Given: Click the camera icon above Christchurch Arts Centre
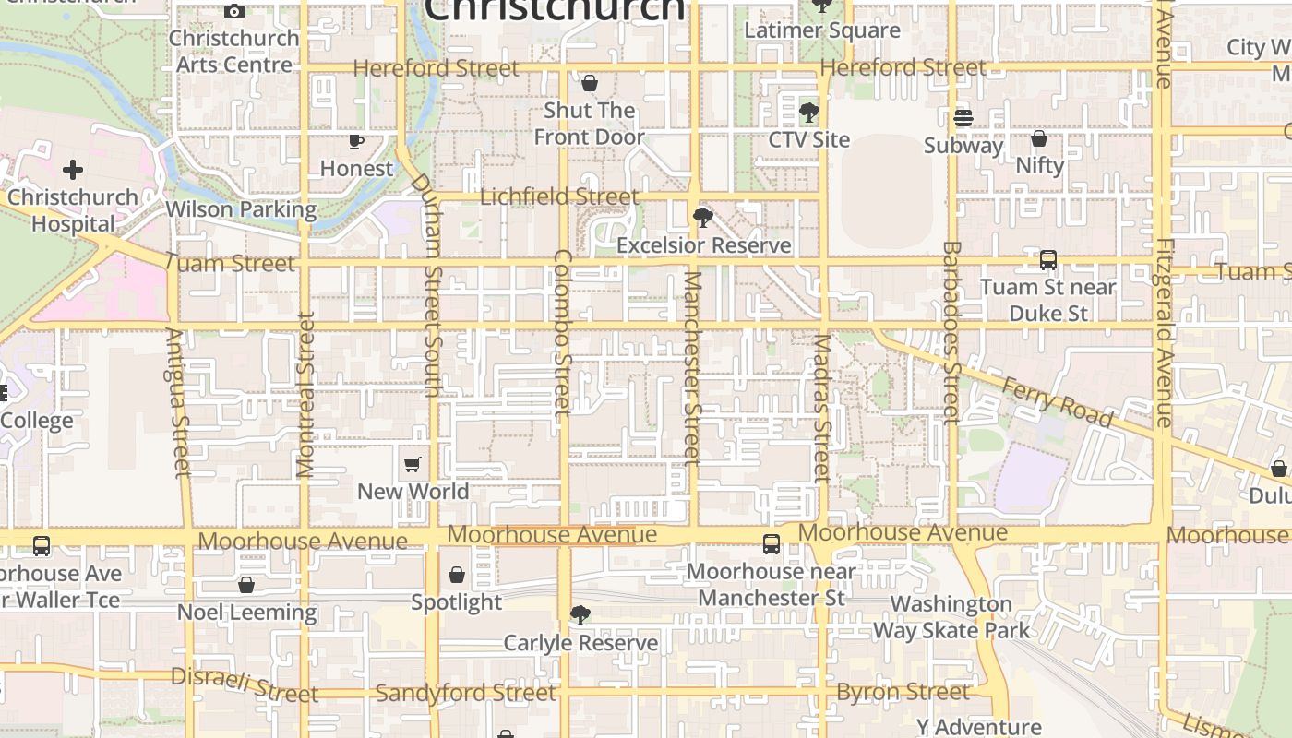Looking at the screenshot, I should tap(234, 12).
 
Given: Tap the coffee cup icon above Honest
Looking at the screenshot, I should tap(356, 141).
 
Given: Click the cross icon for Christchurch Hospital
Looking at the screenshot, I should tap(73, 170).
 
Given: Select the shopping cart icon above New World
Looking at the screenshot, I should tap(413, 464).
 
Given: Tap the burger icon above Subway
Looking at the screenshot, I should tap(963, 118).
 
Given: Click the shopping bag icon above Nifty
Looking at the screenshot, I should tap(1039, 138).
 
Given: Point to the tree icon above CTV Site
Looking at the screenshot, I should tap(808, 113).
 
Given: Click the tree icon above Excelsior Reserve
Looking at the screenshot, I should tap(703, 218).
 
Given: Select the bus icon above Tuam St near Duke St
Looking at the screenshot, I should tap(1048, 260).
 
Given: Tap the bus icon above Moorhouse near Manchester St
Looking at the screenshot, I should tap(772, 544).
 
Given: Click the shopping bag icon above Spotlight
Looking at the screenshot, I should tap(457, 576).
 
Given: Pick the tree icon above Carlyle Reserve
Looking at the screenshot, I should tap(580, 615).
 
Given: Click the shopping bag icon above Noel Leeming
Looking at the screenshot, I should tap(246, 585).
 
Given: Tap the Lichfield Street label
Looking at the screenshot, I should tap(559, 196).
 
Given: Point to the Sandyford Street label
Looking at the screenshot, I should tap(466, 693).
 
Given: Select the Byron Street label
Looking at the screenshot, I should tap(903, 692).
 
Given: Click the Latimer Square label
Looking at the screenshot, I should tap(822, 30).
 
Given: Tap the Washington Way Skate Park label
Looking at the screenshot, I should tap(951, 617).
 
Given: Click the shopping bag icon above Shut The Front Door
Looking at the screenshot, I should tap(590, 84).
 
